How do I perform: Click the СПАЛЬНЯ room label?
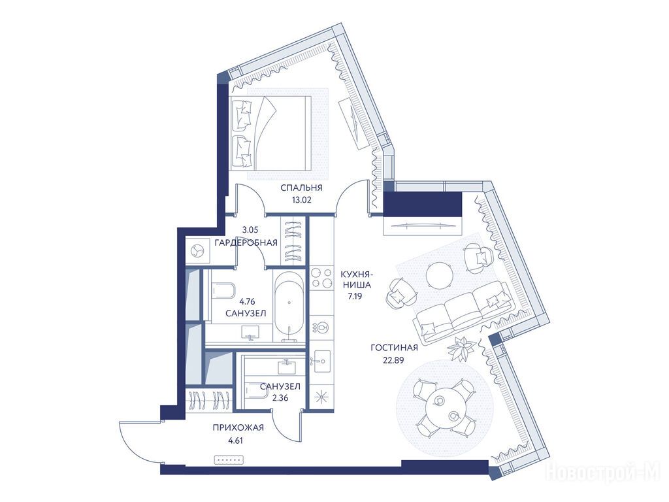pyautogui.click(x=301, y=188)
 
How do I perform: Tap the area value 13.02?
pyautogui.click(x=301, y=199)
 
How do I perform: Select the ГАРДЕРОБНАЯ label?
pyautogui.click(x=246, y=243)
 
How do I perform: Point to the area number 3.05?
pyautogui.click(x=251, y=229)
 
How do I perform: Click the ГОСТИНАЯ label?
pyautogui.click(x=394, y=348)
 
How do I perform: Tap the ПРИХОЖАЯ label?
pyautogui.click(x=238, y=427)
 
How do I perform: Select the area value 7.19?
pyautogui.click(x=355, y=296)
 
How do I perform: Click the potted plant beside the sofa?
pyautogui.click(x=461, y=347)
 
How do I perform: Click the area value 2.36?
pyautogui.click(x=280, y=398)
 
